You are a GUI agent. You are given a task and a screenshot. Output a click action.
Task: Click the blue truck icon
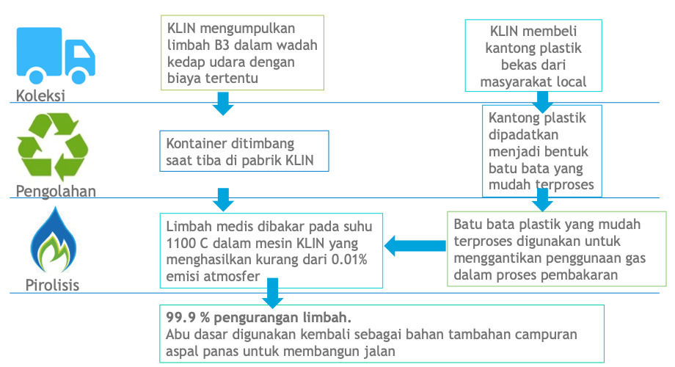tap(56, 56)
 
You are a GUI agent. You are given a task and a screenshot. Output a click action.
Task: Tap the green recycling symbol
tap(53, 147)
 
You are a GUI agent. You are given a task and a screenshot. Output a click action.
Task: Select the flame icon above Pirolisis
tap(54, 239)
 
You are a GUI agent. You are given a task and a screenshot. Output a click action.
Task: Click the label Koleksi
tap(40, 95)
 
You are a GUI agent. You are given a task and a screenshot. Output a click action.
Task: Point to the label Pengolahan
tap(56, 191)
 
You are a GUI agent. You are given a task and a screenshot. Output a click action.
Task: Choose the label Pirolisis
tap(53, 285)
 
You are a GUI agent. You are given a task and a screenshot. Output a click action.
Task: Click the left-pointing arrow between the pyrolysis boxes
tap(415, 246)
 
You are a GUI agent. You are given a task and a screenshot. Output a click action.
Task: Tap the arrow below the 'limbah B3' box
tap(223, 103)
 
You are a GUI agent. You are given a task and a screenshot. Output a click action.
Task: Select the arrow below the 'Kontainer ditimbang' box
tap(223, 200)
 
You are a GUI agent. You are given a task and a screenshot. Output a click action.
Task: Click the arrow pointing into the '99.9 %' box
tap(272, 293)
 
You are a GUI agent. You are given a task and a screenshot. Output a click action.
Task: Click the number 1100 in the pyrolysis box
tap(180, 244)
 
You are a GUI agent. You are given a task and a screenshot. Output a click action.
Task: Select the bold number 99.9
tap(180, 318)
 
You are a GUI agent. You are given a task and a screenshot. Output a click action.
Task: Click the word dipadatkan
tap(523, 135)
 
